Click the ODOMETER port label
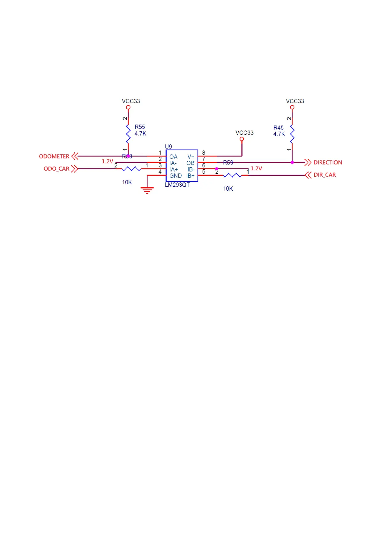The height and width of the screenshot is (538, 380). coord(54,156)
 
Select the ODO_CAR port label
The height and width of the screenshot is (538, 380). coord(56,169)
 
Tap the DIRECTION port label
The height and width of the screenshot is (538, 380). coord(328,162)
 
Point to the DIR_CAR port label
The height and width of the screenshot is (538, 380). coord(325,175)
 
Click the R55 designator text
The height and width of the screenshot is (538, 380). coord(140,127)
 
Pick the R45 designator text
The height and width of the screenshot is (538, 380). coord(278,127)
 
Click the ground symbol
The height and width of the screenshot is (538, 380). coord(147,190)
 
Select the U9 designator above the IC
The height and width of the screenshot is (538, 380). coord(168,147)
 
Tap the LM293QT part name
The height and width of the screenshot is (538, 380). coord(177,185)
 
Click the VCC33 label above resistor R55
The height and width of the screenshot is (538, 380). coord(131,101)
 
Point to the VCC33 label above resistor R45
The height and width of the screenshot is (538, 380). coord(295,101)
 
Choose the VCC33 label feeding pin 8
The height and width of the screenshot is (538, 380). coord(244,133)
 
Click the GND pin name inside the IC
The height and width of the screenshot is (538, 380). coord(175,176)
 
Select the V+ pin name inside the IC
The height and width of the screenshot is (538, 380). coord(191,157)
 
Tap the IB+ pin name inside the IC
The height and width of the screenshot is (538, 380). coord(190,176)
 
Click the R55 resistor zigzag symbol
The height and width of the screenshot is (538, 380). coord(128,134)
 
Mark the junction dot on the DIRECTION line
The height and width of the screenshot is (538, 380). coord(292,162)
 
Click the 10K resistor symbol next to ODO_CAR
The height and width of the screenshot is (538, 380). coord(131,169)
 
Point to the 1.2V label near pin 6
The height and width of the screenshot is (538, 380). coord(256,168)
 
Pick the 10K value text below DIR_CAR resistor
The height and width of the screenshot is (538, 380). coord(228,188)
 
